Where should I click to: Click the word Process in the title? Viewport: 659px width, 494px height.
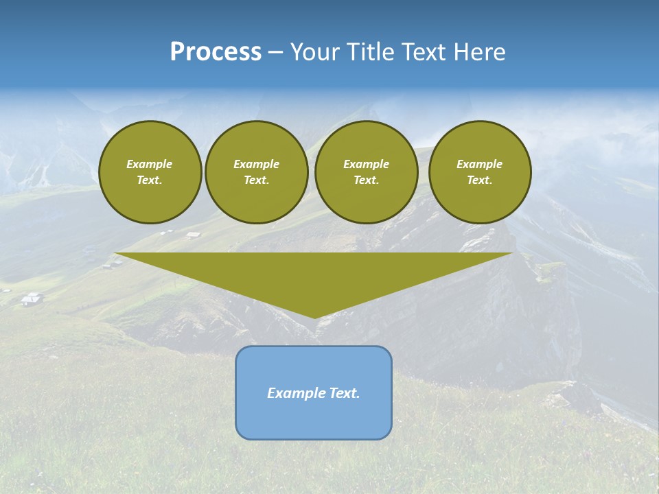[x=216, y=52]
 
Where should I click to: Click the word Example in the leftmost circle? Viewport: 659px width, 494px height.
[x=150, y=164]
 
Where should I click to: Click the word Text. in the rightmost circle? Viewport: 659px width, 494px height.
[x=480, y=180]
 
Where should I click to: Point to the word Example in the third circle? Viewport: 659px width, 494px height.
[x=367, y=164]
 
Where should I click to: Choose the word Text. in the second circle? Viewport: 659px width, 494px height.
[x=257, y=180]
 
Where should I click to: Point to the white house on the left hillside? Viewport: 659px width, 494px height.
[x=32, y=298]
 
